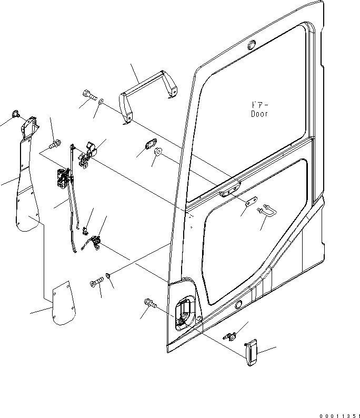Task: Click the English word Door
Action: (259, 114)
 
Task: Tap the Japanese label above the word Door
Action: (259, 105)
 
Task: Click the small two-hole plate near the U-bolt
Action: (251, 202)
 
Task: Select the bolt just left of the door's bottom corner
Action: (149, 304)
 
